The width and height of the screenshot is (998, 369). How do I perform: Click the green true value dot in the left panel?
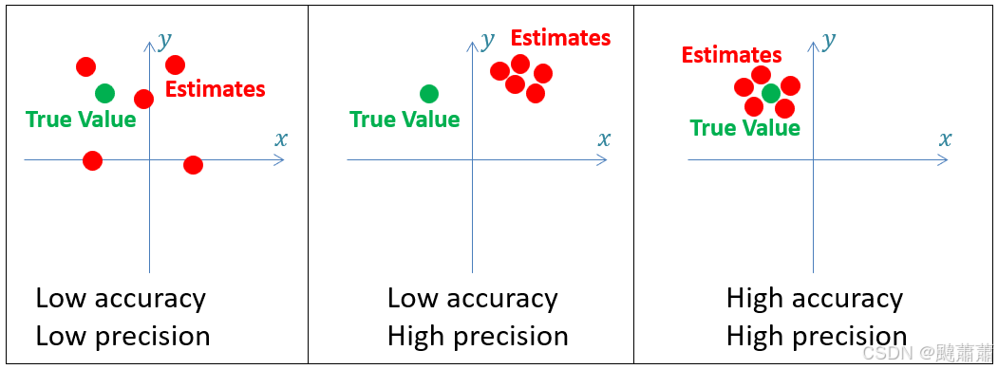pos(104,93)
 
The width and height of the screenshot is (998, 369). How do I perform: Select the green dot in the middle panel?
pos(429,93)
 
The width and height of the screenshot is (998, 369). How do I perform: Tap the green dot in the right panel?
pos(771,92)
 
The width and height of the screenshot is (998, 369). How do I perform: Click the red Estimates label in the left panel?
pos(216,89)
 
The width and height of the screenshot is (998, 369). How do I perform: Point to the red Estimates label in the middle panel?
pos(560,38)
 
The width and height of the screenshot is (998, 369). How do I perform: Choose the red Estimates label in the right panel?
pos(731,55)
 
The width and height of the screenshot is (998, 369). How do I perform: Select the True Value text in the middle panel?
pos(405,120)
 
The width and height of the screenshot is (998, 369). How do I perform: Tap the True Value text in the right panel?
pos(744,128)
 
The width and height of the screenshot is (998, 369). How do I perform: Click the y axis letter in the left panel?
pos(165,40)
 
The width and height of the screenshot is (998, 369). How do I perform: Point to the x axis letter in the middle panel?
pos(604,138)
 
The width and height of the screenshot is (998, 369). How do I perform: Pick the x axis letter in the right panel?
pos(945,138)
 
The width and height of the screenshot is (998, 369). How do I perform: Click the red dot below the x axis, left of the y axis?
pos(92,160)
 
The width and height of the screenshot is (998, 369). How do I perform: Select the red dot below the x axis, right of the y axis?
pos(193,165)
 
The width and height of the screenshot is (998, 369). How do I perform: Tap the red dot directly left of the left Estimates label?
pos(143,99)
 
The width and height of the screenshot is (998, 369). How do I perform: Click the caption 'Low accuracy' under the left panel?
pos(121,299)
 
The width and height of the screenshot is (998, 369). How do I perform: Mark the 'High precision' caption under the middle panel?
pos(478,336)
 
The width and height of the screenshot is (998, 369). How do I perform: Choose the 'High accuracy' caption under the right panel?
pos(814,299)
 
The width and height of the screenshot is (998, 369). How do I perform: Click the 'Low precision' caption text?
pos(122,336)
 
